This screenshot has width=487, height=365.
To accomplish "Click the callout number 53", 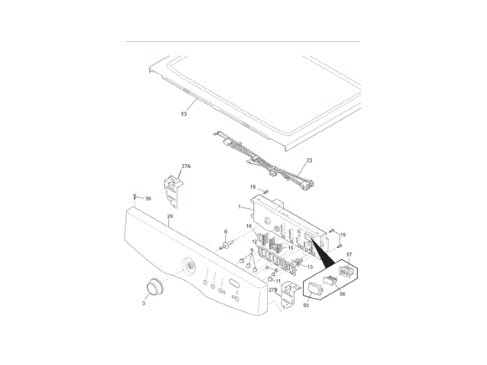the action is pyautogui.click(x=183, y=114).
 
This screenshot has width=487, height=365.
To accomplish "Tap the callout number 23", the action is pyautogui.click(x=309, y=161).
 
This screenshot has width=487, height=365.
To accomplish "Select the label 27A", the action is pyautogui.click(x=186, y=165).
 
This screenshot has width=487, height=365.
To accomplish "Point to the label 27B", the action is pyautogui.click(x=272, y=290).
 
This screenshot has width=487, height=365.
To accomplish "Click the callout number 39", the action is pyautogui.click(x=148, y=198).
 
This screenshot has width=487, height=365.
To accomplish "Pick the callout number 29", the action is pyautogui.click(x=170, y=217).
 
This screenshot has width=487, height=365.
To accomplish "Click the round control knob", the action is pyautogui.click(x=155, y=287).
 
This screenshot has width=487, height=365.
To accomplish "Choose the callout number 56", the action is pyautogui.click(x=342, y=294).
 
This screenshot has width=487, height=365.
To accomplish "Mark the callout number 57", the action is pyautogui.click(x=349, y=255).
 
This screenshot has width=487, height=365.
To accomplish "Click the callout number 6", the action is pyautogui.click(x=226, y=231).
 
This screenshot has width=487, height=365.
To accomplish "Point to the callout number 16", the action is pyautogui.click(x=248, y=227).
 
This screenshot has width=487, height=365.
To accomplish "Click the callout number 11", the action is pyautogui.click(x=279, y=281).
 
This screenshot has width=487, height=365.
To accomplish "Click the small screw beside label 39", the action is pyautogui.click(x=135, y=197).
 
